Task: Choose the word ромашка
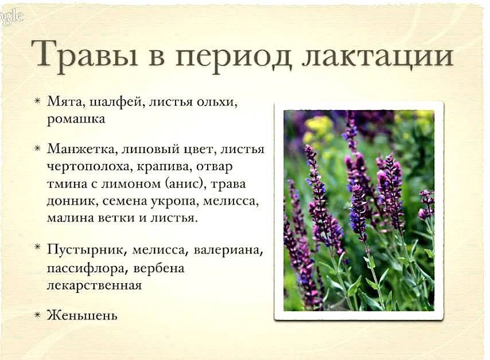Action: [76, 120]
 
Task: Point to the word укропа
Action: [174, 202]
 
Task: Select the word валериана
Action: [228, 251]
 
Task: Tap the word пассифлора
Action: [88, 268]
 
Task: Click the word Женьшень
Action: [82, 315]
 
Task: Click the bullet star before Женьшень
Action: [37, 315]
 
